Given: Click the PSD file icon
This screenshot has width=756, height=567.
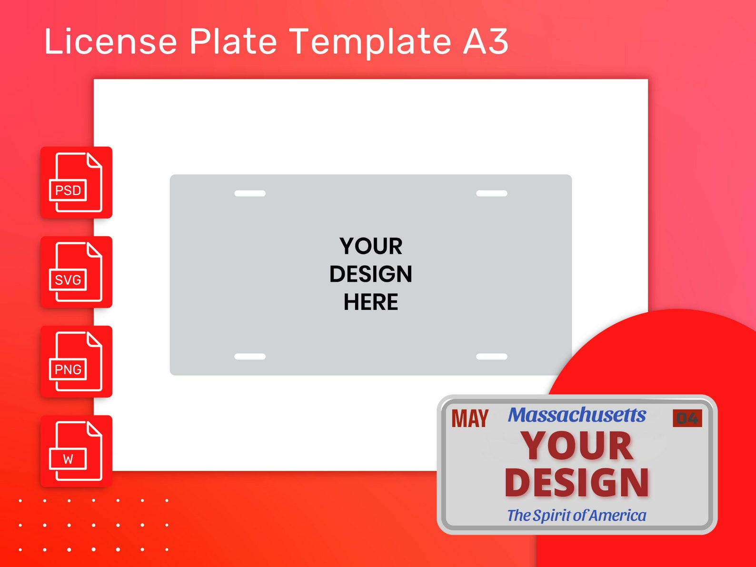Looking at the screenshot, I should click(x=76, y=182).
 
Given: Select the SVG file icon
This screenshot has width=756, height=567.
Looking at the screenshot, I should click(x=76, y=272).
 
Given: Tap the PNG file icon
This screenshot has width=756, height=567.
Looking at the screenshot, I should click(x=76, y=361).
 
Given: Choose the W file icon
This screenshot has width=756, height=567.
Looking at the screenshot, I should click(x=76, y=451).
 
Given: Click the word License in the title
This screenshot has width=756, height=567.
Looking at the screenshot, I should click(x=110, y=41).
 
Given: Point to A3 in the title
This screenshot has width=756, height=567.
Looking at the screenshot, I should click(x=486, y=41).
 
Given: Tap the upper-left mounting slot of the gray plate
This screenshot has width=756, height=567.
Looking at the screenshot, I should click(x=250, y=193).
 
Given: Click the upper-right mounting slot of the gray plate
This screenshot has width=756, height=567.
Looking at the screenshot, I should click(x=492, y=193).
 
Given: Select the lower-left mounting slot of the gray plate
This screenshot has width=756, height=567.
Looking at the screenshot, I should click(x=250, y=357).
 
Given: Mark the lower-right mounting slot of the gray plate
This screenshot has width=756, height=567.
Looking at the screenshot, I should click(x=492, y=357).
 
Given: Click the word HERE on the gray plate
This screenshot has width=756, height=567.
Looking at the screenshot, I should click(x=371, y=302).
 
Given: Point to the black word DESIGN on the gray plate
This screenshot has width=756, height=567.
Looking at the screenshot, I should click(x=371, y=274).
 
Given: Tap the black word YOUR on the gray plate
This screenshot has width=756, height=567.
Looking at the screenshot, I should click(x=371, y=247).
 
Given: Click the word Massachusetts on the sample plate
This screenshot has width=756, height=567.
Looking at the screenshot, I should click(x=577, y=415).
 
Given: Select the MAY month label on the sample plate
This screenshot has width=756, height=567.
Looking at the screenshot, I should click(x=470, y=419).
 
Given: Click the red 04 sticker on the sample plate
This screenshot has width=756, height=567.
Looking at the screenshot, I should click(x=687, y=418).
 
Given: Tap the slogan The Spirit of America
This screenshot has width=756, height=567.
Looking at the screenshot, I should click(x=577, y=515).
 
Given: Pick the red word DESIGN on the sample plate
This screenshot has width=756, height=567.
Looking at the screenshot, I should click(x=577, y=483).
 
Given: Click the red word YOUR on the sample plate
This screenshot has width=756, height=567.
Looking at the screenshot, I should click(x=577, y=446).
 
